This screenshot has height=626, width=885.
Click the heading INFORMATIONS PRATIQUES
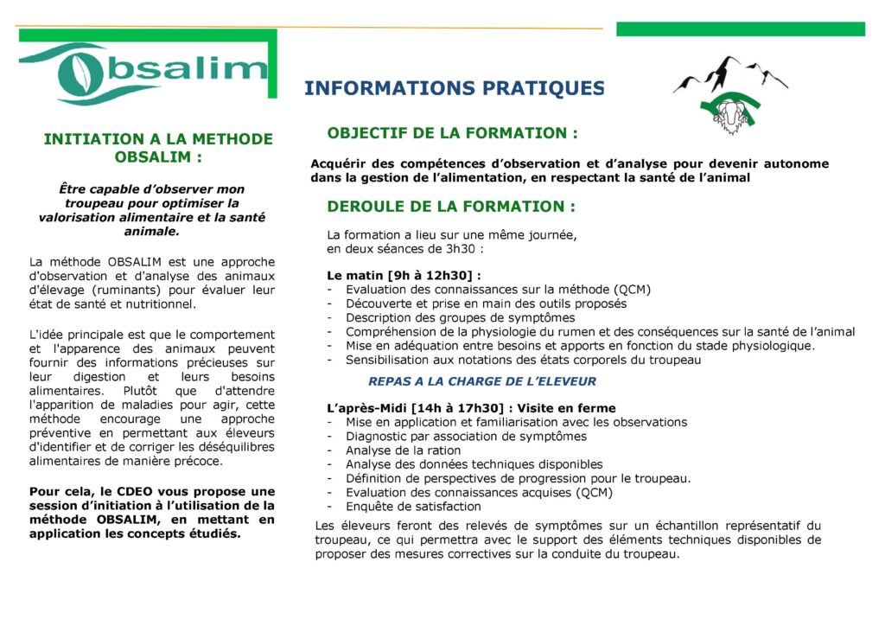455,88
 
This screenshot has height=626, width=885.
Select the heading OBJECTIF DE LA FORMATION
452,133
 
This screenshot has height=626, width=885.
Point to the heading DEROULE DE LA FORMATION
450,207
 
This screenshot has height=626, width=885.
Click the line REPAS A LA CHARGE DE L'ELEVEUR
481,381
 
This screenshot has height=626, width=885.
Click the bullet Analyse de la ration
403,450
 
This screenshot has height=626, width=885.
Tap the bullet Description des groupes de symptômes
448,317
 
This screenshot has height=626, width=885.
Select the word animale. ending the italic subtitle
152,231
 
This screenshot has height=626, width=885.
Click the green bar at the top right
740,29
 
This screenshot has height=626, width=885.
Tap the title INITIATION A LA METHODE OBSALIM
158,148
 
